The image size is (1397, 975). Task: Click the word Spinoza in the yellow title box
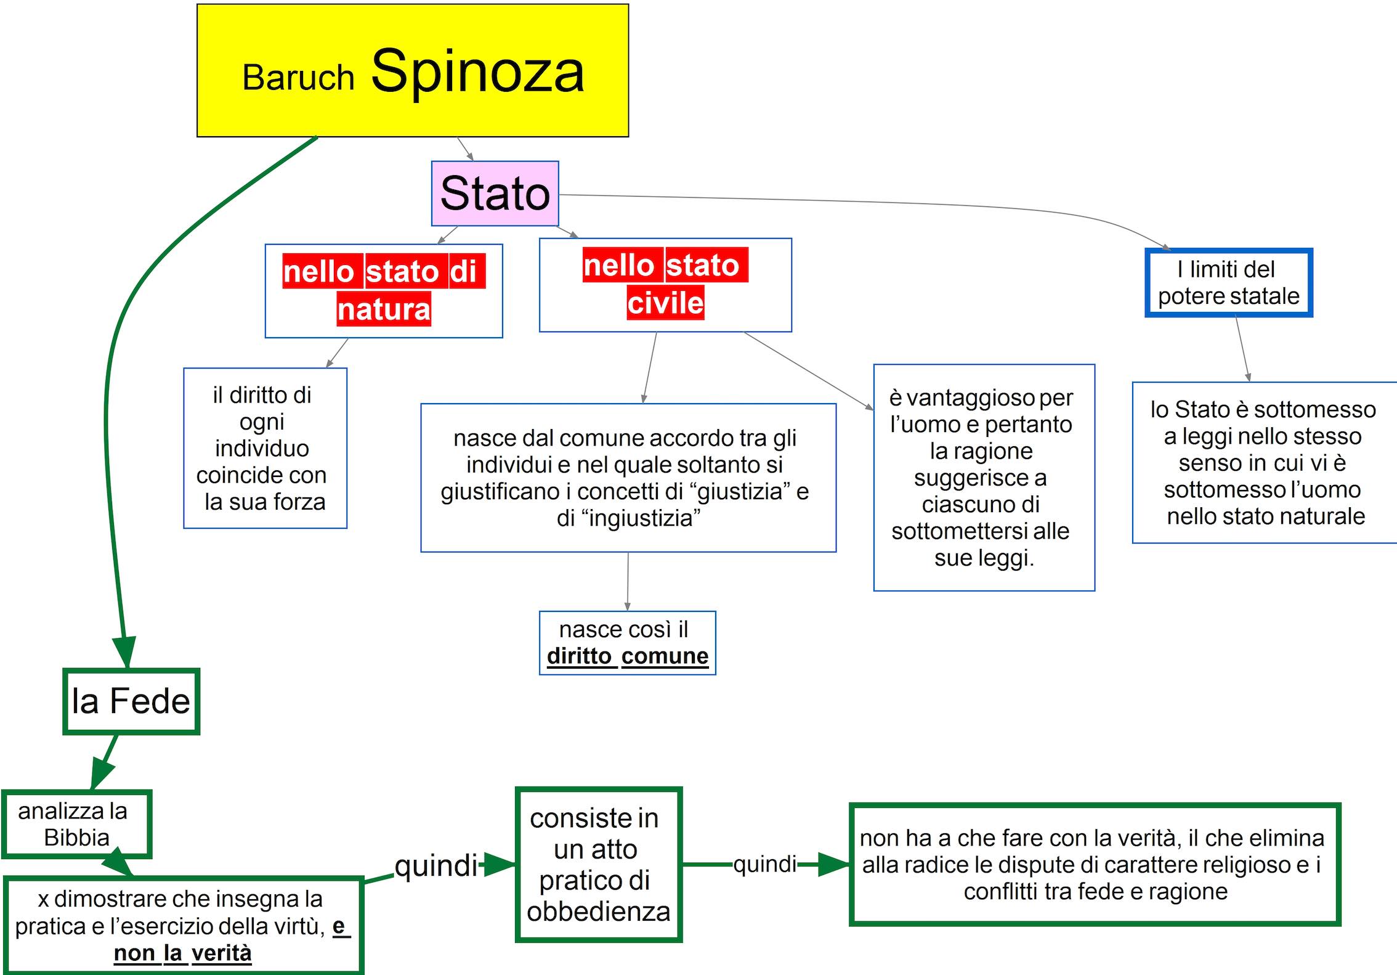point(477,71)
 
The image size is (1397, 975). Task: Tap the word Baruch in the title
point(298,78)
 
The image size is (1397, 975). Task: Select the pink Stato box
point(495,194)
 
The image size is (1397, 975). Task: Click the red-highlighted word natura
point(384,309)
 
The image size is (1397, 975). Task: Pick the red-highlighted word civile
point(665,303)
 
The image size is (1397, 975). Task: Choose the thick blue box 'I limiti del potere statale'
point(1229,283)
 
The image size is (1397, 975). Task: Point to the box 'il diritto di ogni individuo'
point(265,448)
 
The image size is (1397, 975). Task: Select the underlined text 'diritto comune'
point(628,656)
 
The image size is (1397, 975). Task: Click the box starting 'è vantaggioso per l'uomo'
point(984,478)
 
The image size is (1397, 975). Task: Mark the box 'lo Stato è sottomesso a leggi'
point(1263,462)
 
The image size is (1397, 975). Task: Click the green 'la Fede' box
point(131,701)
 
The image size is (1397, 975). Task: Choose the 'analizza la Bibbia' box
point(76,824)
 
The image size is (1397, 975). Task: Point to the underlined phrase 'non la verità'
point(183,953)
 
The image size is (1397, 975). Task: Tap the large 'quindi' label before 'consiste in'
point(435,866)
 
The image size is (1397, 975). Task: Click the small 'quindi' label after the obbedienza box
point(765,864)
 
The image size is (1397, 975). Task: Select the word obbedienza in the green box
point(598,912)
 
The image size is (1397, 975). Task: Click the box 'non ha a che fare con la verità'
point(1095,865)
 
